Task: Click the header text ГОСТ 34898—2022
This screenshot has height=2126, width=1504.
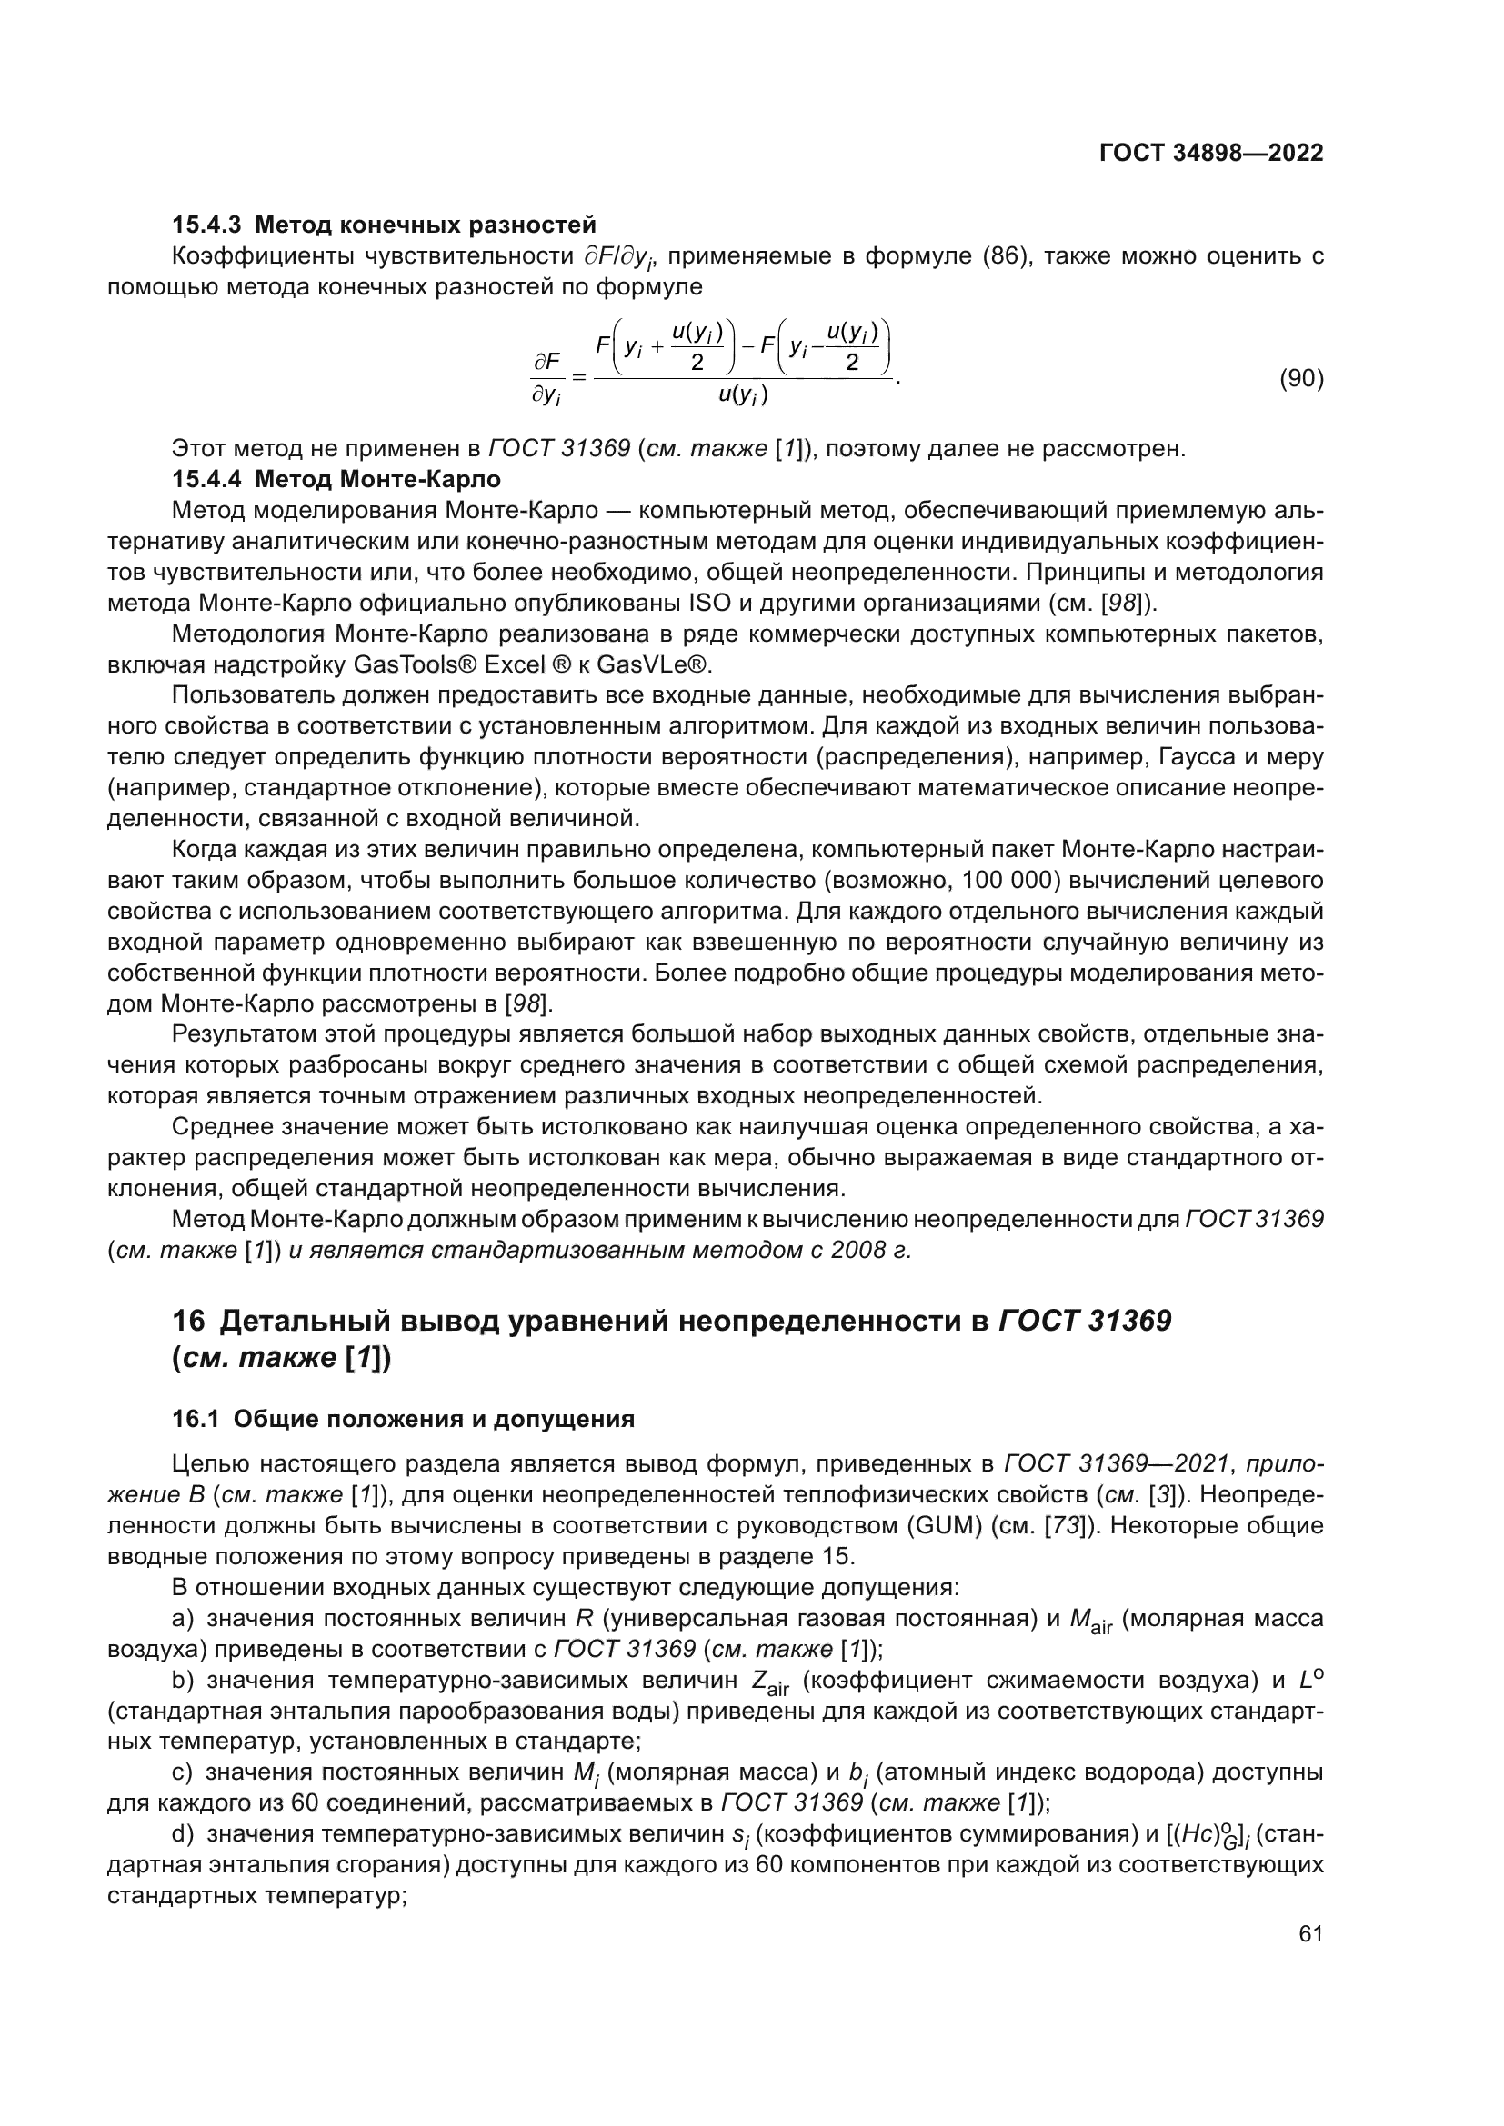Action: (1211, 154)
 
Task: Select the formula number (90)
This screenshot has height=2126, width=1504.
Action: (1301, 379)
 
